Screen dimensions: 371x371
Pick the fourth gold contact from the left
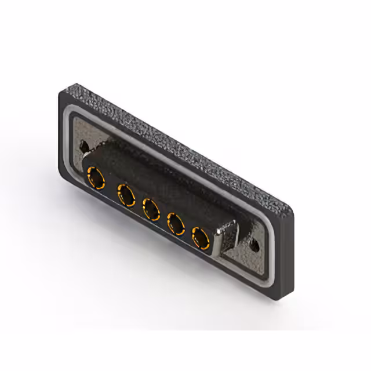176,223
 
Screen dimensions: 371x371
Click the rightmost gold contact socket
201,237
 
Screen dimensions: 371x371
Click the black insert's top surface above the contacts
157,174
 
